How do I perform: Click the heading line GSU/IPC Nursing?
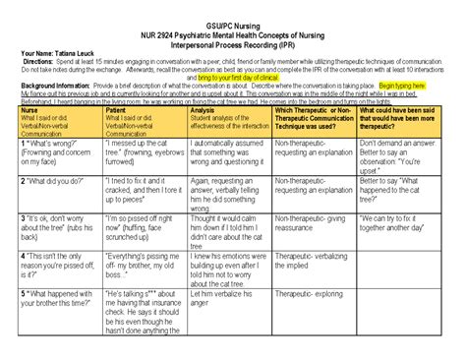pyautogui.click(x=233, y=9)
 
